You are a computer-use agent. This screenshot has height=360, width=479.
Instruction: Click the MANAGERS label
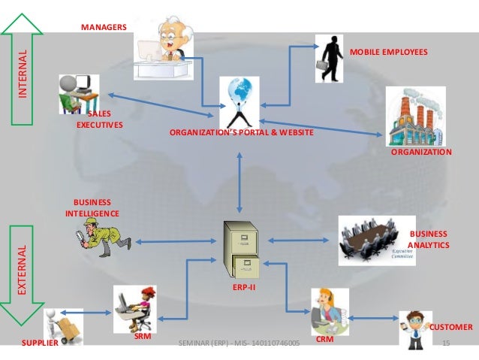pyautogui.click(x=104, y=27)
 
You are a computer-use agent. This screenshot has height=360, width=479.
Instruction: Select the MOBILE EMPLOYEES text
pyautogui.click(x=389, y=53)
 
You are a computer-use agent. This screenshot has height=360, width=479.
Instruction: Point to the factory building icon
pyautogui.click(x=414, y=114)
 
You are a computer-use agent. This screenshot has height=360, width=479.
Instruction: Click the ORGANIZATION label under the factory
pyautogui.click(x=421, y=152)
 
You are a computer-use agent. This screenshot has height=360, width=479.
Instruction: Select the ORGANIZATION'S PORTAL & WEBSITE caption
pyautogui.click(x=241, y=132)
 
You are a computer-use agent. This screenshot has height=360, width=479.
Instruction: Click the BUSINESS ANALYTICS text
pyautogui.click(x=428, y=240)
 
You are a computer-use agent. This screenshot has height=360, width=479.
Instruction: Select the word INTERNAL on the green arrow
pyautogui.click(x=22, y=75)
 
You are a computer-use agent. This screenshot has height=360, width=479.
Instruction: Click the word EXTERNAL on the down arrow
pyautogui.click(x=22, y=269)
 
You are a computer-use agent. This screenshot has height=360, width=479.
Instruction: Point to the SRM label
pyautogui.click(x=143, y=337)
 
